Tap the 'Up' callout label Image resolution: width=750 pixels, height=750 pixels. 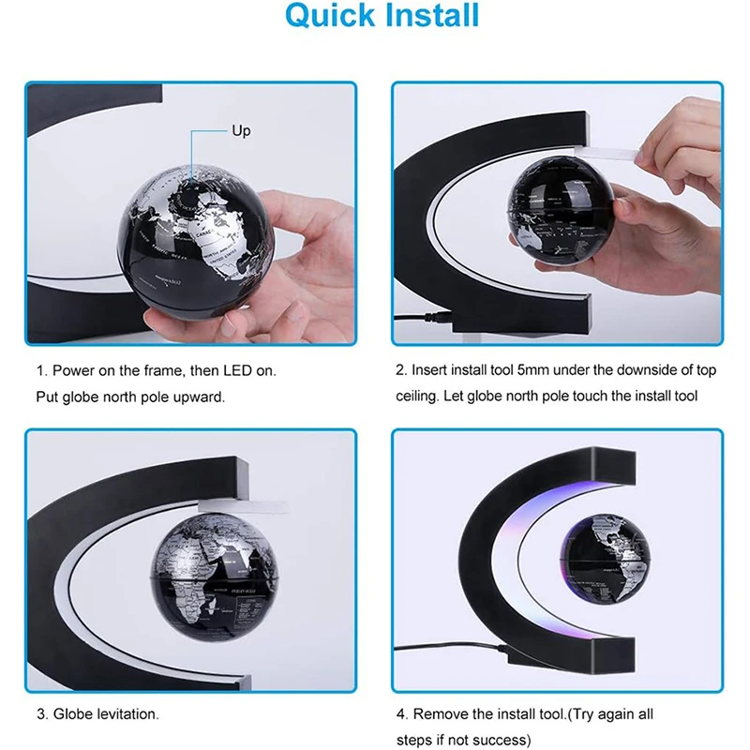click(x=241, y=131)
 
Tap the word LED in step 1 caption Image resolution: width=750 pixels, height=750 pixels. click(x=247, y=371)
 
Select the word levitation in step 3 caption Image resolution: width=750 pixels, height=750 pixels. click(x=127, y=714)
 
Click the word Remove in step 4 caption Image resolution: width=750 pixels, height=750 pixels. click(x=455, y=714)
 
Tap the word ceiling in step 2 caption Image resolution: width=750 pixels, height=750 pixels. click(x=416, y=397)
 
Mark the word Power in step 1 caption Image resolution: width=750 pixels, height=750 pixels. click(x=71, y=371)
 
